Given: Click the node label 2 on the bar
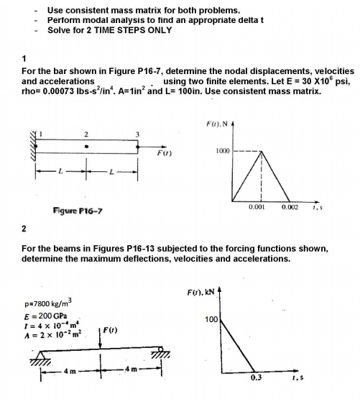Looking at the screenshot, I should [86, 134].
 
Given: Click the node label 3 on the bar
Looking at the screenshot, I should [138, 134].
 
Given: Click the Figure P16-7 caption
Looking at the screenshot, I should [60, 209].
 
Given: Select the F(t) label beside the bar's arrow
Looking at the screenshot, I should [164, 152].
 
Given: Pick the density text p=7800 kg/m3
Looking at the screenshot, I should [51, 305].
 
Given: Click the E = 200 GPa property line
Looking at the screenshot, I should [45, 316].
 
